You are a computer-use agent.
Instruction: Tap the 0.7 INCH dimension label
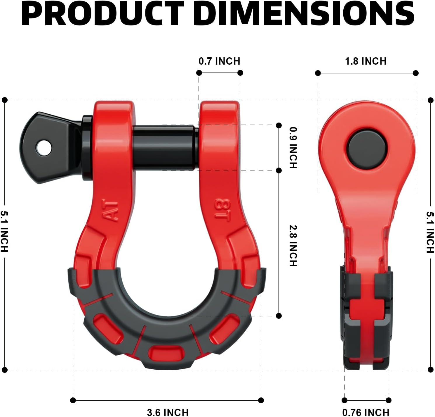pyautogui.click(x=219, y=61)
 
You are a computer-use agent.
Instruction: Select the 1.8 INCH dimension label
pyautogui.click(x=366, y=61)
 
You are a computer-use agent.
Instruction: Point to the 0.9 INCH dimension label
pyautogui.click(x=293, y=147)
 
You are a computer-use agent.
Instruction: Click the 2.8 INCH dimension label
pyautogui.click(x=293, y=245)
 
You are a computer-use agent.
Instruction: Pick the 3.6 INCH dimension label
pyautogui.click(x=168, y=412)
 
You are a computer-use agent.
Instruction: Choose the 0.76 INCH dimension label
pyautogui.click(x=366, y=412)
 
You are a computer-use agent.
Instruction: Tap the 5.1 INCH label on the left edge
pyautogui.click(x=4, y=231)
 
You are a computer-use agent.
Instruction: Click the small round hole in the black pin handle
pyautogui.click(x=44, y=148)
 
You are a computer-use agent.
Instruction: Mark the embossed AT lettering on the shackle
pyautogui.click(x=111, y=211)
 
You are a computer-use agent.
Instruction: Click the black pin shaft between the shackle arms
pyautogui.click(x=165, y=148)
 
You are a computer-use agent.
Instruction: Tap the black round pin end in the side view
pyautogui.click(x=367, y=149)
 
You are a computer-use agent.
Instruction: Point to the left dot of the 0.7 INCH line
pyautogui.click(x=199, y=73)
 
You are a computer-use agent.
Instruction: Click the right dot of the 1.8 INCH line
pyautogui.click(x=416, y=73)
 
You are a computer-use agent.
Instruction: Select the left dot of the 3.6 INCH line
pyautogui.click(x=73, y=400)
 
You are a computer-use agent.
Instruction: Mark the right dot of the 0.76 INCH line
pyautogui.click(x=388, y=400)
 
